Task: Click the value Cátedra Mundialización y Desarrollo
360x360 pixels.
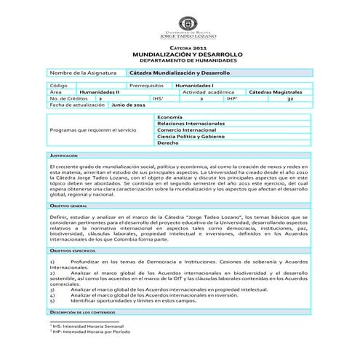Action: [x=179, y=73]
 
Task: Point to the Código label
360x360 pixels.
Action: [x=59, y=86]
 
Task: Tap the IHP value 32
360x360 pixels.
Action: [x=289, y=99]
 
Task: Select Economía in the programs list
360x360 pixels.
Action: [x=169, y=117]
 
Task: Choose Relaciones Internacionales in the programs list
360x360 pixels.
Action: [x=191, y=124]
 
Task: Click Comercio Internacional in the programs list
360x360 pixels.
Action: [x=185, y=130]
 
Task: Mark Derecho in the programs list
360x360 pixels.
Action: [x=168, y=143]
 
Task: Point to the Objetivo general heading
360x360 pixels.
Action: [x=68, y=206]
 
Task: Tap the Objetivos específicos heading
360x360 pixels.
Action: [x=73, y=249]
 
